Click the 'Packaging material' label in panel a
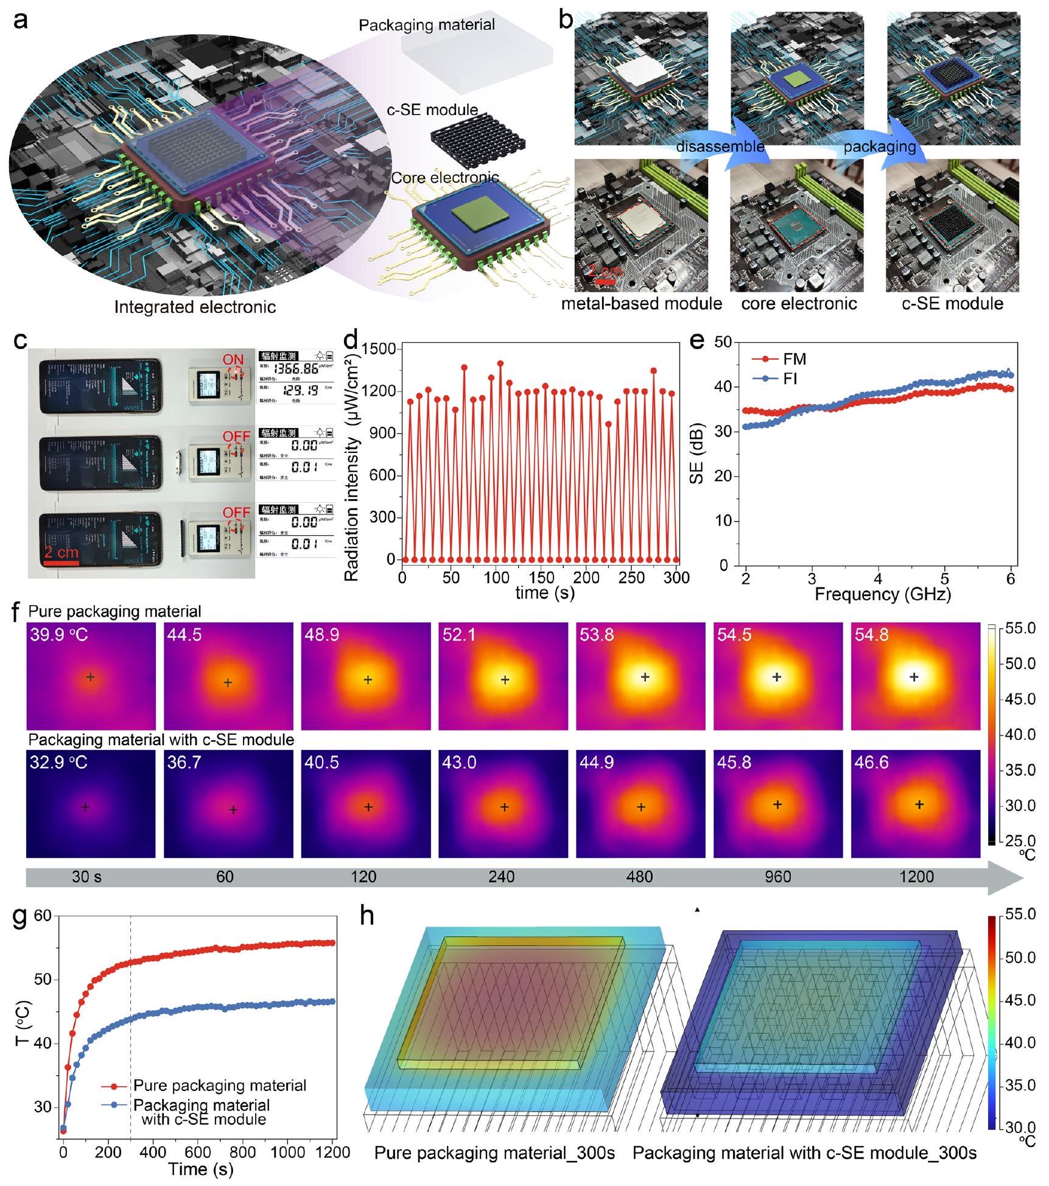(426, 26)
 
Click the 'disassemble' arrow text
(720, 146)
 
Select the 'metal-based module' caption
(641, 303)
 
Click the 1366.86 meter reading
(295, 370)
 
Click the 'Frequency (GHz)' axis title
(882, 594)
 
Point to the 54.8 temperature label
(871, 635)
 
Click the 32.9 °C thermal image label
(58, 762)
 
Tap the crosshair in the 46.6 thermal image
(919, 805)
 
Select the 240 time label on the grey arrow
(501, 877)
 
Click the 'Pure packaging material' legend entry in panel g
(219, 1085)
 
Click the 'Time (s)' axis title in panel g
(200, 1169)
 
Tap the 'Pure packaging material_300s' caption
(494, 1153)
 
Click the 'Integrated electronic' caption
(195, 307)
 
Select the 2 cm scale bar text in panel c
(61, 553)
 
